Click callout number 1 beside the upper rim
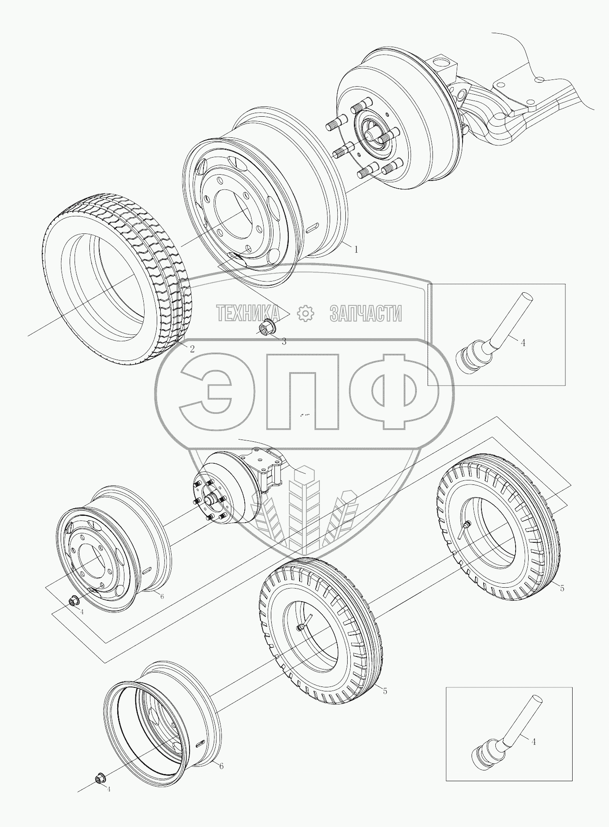[x=356, y=250]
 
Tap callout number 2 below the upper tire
[x=192, y=348]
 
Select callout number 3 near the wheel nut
[x=284, y=341]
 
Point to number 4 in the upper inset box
[x=523, y=343]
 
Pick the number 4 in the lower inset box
[x=534, y=742]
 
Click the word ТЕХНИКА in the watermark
[x=247, y=313]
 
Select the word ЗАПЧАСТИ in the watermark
[x=366, y=313]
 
